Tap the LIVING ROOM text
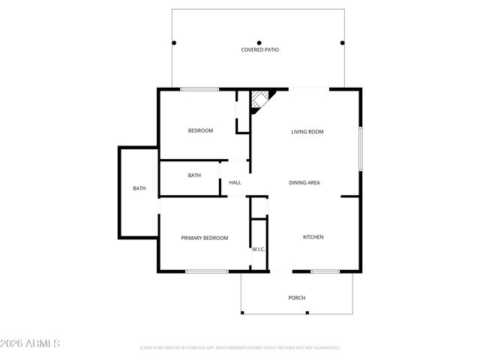point(307,132)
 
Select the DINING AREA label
point(305,182)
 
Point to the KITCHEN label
point(313,237)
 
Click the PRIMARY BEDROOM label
point(204,238)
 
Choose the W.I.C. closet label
point(258,249)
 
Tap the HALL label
point(235,182)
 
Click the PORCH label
point(297,298)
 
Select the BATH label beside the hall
point(194,175)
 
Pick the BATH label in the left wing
point(139,188)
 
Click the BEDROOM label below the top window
point(200,130)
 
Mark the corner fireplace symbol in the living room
point(260,99)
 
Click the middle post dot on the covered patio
point(259,42)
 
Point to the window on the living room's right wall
point(360,148)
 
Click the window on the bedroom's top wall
point(199,90)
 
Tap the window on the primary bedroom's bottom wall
point(206,271)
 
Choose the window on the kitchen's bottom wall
point(325,271)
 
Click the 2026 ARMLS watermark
point(31,343)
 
